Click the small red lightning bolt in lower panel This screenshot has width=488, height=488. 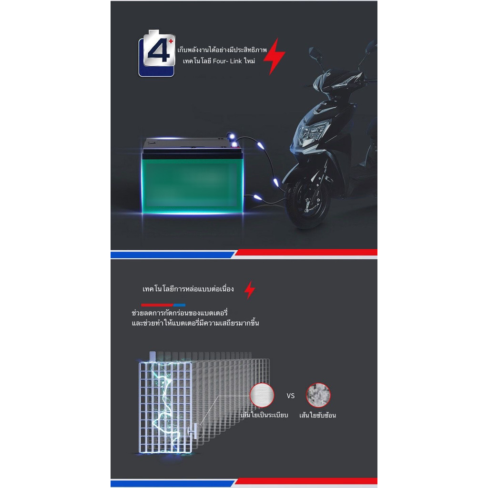[250, 290]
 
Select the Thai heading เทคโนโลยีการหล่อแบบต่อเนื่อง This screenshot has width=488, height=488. [188, 289]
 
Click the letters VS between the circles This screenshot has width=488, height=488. [291, 396]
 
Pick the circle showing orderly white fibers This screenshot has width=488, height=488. [262, 395]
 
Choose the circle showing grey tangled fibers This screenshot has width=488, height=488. [318, 395]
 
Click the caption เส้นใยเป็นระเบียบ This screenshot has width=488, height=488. [264, 415]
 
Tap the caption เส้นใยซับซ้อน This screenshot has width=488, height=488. [317, 415]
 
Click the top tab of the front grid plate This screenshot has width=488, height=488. [152, 356]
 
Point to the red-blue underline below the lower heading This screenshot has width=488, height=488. [163, 304]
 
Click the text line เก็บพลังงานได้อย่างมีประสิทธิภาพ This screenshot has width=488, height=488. [222, 50]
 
